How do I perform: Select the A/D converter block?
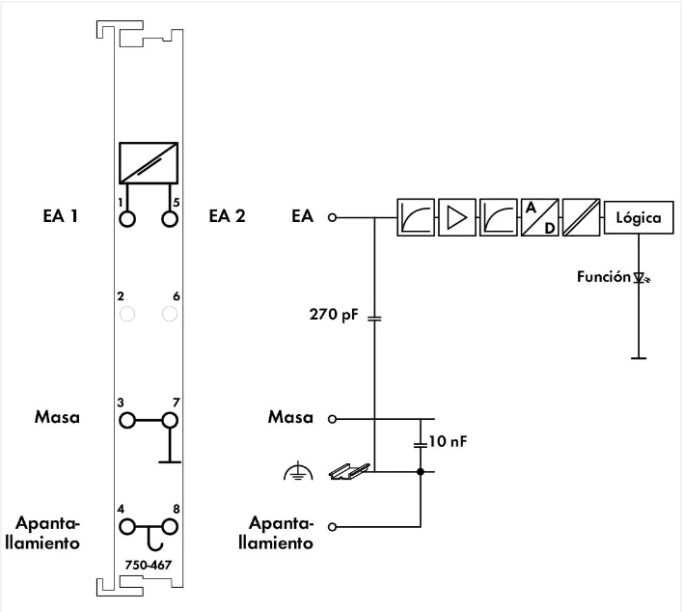(x=538, y=218)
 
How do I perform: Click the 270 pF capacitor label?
(x=332, y=315)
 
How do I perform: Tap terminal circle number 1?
(x=126, y=218)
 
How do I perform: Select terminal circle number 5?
(x=170, y=218)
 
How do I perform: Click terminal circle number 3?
(x=126, y=420)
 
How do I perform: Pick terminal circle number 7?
(x=170, y=420)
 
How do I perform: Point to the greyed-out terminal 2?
(x=126, y=314)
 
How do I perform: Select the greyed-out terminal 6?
(x=170, y=314)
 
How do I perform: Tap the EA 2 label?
(x=227, y=216)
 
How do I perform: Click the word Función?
(x=603, y=277)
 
